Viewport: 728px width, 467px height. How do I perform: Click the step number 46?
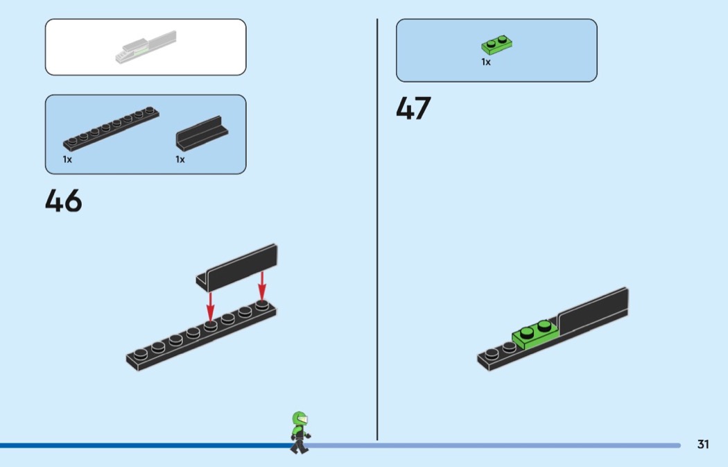(x=64, y=201)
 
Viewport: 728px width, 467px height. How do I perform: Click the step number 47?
(x=413, y=108)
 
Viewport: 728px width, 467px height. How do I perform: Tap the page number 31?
(x=703, y=444)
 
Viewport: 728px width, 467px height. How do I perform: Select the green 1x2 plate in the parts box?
(x=496, y=45)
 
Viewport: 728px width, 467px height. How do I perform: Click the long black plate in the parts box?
(x=111, y=129)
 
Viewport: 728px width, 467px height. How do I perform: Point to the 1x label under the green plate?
(x=486, y=62)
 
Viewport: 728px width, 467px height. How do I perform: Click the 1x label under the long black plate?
(x=67, y=160)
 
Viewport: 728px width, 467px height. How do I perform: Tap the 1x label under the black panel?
(x=180, y=160)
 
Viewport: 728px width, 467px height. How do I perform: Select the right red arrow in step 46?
(x=262, y=287)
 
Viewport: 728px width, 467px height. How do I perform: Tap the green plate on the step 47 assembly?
(x=536, y=334)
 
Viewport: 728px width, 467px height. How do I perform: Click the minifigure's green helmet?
(x=300, y=419)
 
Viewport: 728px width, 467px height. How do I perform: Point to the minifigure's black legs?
(x=300, y=445)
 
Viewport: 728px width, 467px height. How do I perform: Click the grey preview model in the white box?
(x=145, y=46)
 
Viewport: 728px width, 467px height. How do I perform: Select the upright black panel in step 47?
(x=594, y=312)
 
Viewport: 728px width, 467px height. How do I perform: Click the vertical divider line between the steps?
(x=377, y=229)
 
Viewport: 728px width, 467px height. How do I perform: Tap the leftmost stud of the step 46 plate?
(x=141, y=354)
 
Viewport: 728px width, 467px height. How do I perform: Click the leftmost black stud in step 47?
(x=492, y=353)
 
